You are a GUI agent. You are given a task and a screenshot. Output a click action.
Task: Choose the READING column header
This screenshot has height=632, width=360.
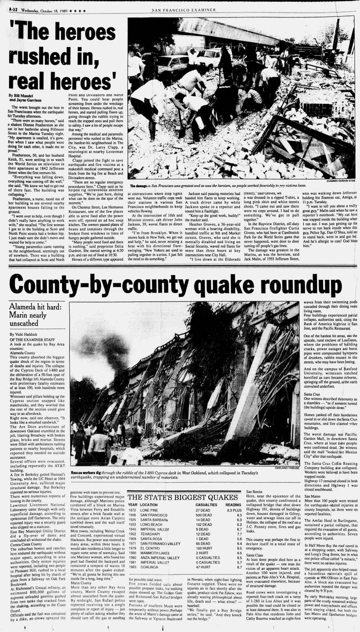tap(233, 505)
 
